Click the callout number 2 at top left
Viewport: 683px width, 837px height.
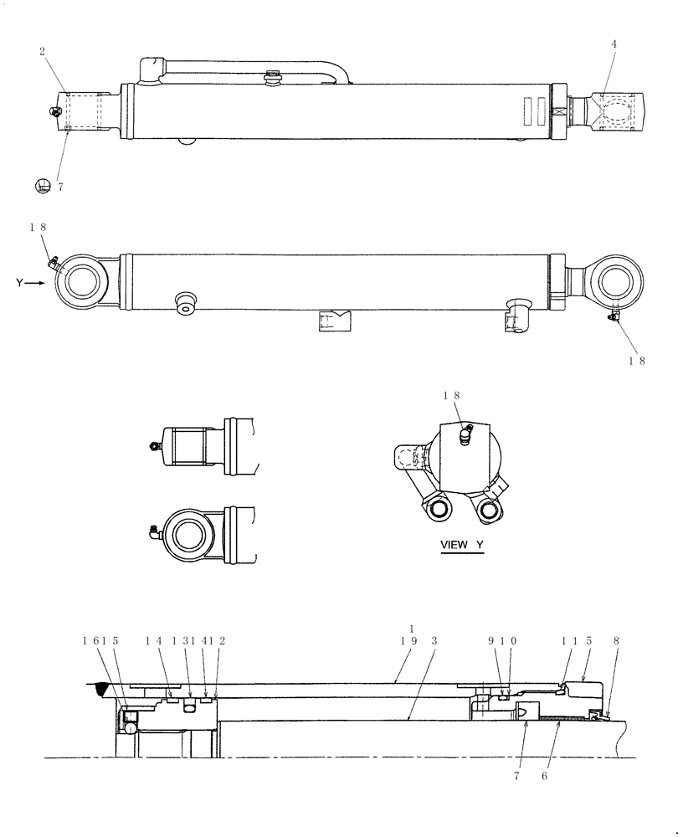[x=42, y=52]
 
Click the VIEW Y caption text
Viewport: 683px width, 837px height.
[x=462, y=545]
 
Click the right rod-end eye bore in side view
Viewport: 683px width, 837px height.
[x=616, y=282]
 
